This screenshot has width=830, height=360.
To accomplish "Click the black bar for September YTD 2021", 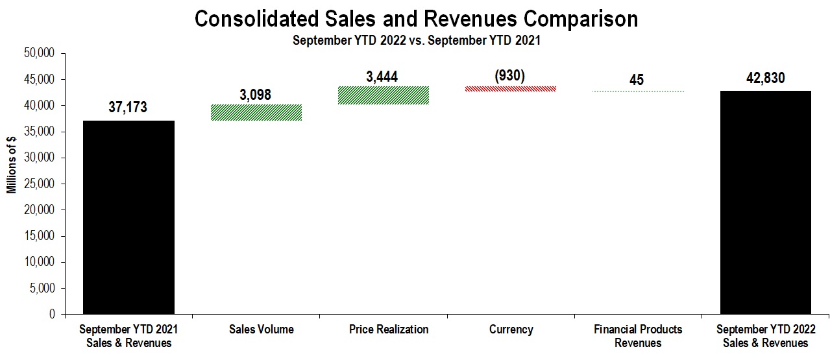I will [x=128, y=217].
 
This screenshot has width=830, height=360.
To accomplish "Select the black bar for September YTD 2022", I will [x=766, y=202].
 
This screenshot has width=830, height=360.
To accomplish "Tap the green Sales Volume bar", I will [x=256, y=112].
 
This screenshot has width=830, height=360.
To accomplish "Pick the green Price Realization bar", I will [x=384, y=95].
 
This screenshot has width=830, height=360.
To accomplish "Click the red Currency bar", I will [x=511, y=89].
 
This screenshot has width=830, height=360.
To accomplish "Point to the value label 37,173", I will [x=128, y=107].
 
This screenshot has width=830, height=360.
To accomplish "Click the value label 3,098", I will [x=256, y=95].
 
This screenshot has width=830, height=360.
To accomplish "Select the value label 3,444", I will [x=382, y=77].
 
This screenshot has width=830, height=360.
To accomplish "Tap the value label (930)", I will [x=510, y=75].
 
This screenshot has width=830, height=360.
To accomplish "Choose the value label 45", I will [x=637, y=80].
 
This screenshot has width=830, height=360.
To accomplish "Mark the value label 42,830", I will [x=765, y=78].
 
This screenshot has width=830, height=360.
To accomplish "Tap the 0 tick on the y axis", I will [x=53, y=315].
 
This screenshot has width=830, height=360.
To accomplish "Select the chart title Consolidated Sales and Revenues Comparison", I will [x=416, y=19].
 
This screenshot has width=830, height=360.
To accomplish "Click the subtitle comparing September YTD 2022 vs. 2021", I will [x=416, y=40].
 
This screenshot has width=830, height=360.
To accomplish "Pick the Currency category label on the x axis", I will [x=511, y=330].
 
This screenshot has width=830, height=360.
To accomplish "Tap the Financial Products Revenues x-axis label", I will [x=638, y=336].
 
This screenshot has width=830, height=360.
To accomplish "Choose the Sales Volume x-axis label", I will [x=261, y=330].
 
